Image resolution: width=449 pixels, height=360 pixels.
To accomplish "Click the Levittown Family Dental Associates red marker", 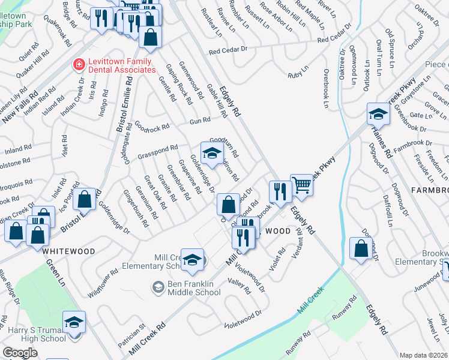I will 77,64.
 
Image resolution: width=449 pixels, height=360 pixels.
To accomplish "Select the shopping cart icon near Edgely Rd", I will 301,185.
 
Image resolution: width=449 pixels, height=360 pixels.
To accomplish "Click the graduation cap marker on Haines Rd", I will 378,113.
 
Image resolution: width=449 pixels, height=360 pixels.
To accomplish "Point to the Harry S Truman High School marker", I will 74,322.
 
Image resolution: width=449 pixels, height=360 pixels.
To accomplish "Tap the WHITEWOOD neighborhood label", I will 68,251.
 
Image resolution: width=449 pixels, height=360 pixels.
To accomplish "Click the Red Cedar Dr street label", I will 340,39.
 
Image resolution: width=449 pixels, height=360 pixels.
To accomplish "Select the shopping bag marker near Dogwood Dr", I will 361,249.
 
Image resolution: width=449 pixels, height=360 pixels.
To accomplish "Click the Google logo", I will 20,352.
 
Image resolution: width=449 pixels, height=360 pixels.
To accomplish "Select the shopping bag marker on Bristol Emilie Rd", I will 85,201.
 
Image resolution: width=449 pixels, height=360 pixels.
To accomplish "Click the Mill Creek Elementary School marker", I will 192,259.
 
